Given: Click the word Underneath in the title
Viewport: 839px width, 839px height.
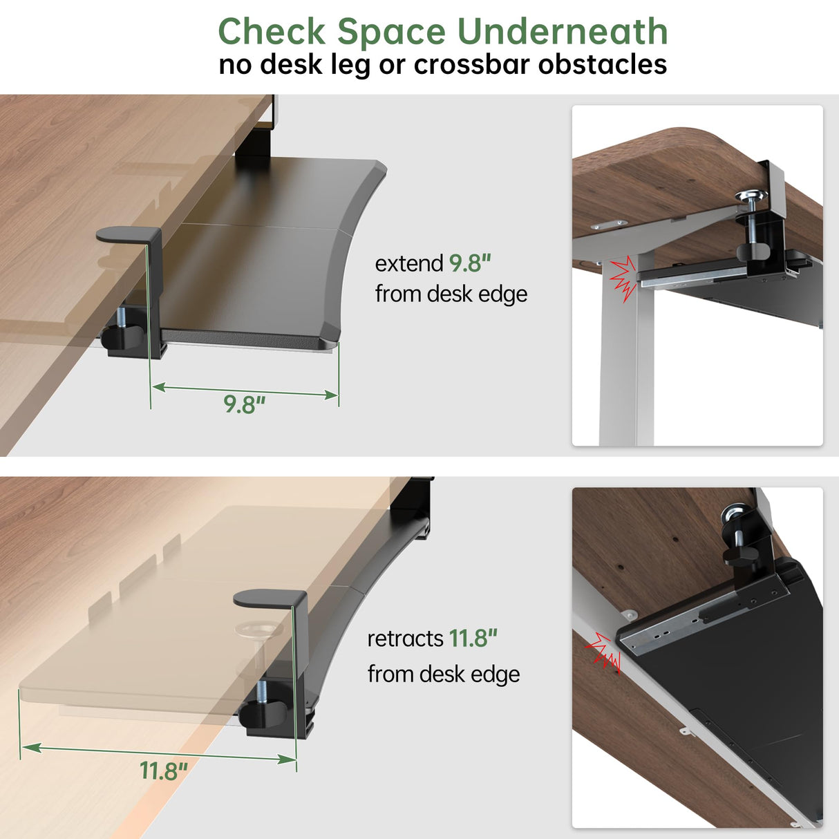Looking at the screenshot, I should pyautogui.click(x=563, y=32).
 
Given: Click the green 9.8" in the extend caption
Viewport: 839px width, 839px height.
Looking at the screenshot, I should pyautogui.click(x=470, y=263).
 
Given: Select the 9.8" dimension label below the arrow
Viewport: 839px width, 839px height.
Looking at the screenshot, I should pyautogui.click(x=244, y=404).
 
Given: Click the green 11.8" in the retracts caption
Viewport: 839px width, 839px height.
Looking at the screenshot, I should pyautogui.click(x=473, y=639).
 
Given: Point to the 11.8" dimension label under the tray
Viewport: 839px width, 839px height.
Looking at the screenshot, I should pyautogui.click(x=164, y=771).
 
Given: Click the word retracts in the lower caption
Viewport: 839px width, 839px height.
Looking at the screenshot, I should pyautogui.click(x=405, y=639).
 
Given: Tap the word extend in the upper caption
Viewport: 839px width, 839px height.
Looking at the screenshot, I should pyautogui.click(x=409, y=263).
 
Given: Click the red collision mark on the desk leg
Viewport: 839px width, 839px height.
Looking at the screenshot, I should pyautogui.click(x=622, y=276).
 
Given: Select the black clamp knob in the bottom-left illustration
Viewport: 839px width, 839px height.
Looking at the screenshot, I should pyautogui.click(x=264, y=712).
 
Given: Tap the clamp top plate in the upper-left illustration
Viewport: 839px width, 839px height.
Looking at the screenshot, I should pyautogui.click(x=128, y=235).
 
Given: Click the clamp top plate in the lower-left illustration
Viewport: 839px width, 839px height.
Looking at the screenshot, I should pyautogui.click(x=270, y=598).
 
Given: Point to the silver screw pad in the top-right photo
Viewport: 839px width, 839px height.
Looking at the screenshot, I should pyautogui.click(x=751, y=198).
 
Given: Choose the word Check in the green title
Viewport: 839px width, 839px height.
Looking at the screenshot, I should pyautogui.click(x=272, y=32).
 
